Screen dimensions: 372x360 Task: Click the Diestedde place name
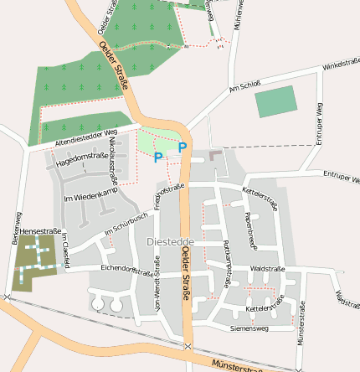(163, 241)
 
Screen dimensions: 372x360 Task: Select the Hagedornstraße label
(82, 160)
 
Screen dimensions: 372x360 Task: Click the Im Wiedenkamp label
(88, 195)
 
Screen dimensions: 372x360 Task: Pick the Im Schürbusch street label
(126, 223)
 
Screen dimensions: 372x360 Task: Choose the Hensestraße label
(41, 230)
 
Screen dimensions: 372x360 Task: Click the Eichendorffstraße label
(125, 270)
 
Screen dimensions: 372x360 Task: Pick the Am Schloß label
(245, 86)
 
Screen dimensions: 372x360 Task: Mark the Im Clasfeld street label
(63, 251)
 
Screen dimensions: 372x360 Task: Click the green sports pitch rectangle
(275, 101)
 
